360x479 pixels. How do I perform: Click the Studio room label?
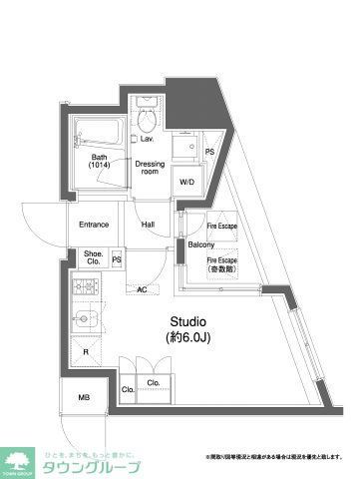tap(186, 321)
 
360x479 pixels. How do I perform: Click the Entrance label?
tap(94, 226)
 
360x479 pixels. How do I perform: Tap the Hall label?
tap(149, 225)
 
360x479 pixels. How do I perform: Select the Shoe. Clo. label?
tap(93, 257)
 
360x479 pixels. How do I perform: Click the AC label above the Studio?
tap(142, 289)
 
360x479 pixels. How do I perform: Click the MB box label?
tap(83, 399)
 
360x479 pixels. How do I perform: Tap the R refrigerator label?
tap(86, 352)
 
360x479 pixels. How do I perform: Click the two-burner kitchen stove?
tap(86, 289)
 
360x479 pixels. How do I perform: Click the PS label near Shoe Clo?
tap(117, 260)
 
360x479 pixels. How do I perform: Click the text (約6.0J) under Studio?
tap(186, 338)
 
